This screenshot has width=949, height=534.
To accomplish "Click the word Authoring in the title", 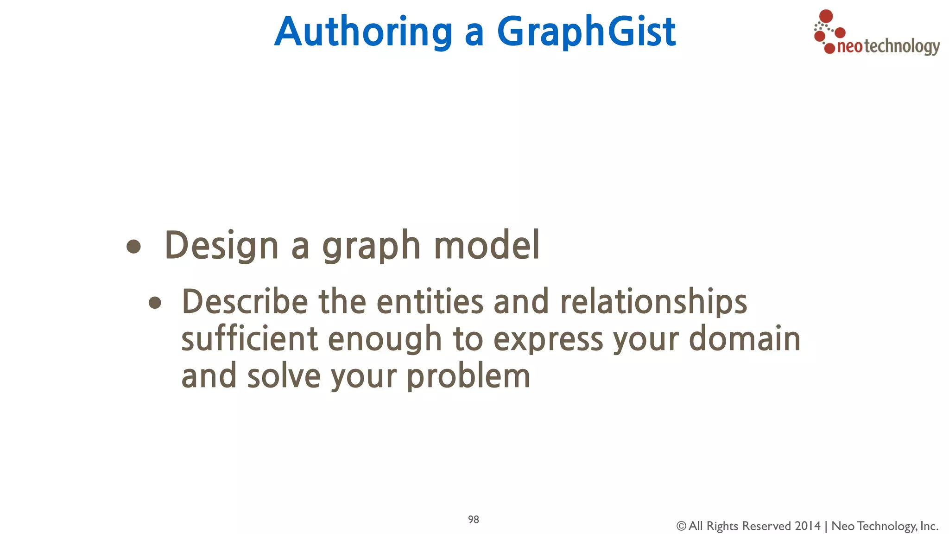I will pyautogui.click(x=363, y=32).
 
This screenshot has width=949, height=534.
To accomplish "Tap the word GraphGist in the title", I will pyautogui.click(x=586, y=32).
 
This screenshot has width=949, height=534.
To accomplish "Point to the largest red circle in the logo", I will pyautogui.click(x=826, y=17).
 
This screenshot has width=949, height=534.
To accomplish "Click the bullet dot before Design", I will pyautogui.click(x=133, y=246).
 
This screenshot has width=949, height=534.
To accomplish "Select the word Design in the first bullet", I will pyautogui.click(x=221, y=245).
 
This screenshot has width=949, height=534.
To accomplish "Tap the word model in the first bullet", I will pyautogui.click(x=487, y=245).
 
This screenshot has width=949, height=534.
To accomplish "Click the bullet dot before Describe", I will pyautogui.click(x=155, y=303).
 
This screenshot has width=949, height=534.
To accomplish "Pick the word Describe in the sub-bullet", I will pyautogui.click(x=245, y=302).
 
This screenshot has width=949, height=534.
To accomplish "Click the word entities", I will pyautogui.click(x=430, y=302).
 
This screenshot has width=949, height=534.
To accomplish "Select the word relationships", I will pyautogui.click(x=653, y=303).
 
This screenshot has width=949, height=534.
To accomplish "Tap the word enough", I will pyautogui.click(x=385, y=340).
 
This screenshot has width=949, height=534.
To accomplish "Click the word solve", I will pyautogui.click(x=284, y=376).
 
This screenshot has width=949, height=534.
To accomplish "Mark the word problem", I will pyautogui.click(x=468, y=377).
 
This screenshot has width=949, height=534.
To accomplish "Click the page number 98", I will pyautogui.click(x=473, y=520).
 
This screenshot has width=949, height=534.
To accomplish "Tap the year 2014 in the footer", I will pyautogui.click(x=807, y=526).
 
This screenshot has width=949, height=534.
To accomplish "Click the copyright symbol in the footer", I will pyautogui.click(x=681, y=526).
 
